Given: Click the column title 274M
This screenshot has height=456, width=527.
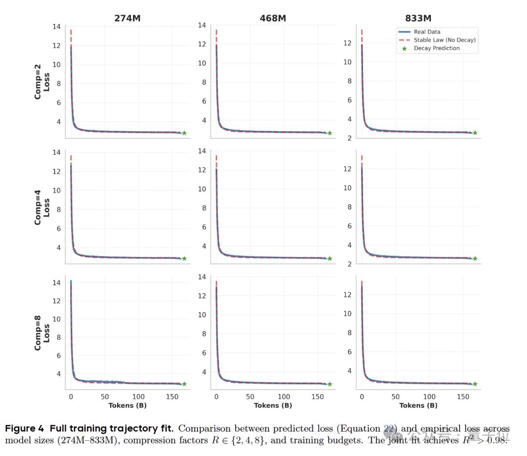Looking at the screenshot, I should [127, 19].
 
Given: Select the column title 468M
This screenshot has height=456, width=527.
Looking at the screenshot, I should [273, 19].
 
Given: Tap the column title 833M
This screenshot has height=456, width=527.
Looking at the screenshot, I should [418, 19].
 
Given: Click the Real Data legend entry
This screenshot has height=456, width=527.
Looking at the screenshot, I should [427, 32].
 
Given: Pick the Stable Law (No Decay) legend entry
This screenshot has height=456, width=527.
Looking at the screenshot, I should [445, 40].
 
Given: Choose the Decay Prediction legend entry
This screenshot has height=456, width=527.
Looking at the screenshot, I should [437, 48].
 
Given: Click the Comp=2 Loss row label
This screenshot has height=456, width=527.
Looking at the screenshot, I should [42, 81].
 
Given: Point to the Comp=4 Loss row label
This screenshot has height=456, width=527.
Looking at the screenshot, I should [42, 207].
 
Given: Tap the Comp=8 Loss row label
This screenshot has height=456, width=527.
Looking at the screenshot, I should [42, 333].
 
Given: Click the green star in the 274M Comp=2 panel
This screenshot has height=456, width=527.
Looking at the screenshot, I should [184, 133].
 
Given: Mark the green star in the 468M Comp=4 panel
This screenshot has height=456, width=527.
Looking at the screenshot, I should [329, 258].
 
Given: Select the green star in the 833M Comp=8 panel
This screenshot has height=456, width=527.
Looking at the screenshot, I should [475, 384].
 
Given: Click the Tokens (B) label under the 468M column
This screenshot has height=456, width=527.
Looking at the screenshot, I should [273, 405].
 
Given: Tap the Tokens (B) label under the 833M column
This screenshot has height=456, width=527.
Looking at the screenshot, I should [418, 405].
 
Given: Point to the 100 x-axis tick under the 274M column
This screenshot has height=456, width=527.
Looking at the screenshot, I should [138, 397].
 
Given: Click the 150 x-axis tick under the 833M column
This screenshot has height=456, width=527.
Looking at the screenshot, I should [463, 397].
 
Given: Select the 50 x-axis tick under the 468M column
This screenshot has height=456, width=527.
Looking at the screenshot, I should [250, 397].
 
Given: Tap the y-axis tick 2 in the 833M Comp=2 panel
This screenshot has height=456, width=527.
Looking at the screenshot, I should [349, 139].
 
